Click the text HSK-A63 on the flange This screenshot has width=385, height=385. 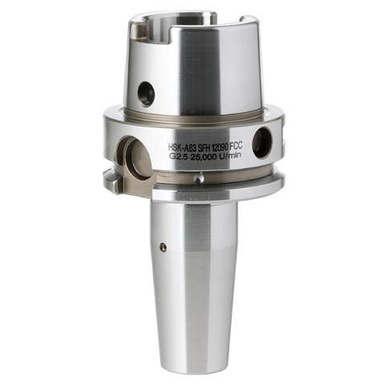pos(186,148)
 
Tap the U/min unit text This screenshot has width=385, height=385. pos(243,156)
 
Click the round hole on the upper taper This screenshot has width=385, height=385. pos(146,95)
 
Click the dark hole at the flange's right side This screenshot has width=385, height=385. pos(262,143)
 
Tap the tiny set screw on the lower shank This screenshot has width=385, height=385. pos(163,246)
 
